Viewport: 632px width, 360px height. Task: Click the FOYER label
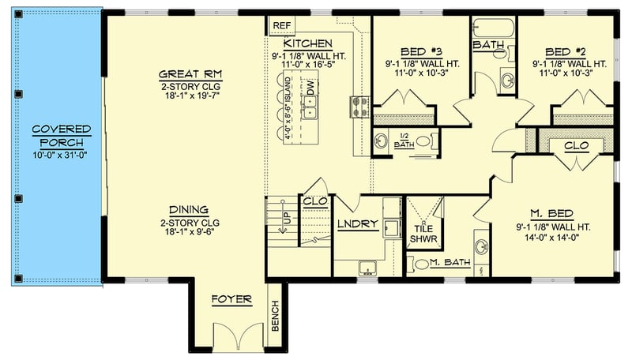231,300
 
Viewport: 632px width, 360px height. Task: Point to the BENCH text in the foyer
275,317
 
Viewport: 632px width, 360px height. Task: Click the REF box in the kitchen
281,25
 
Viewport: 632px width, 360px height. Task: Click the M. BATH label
450,263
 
